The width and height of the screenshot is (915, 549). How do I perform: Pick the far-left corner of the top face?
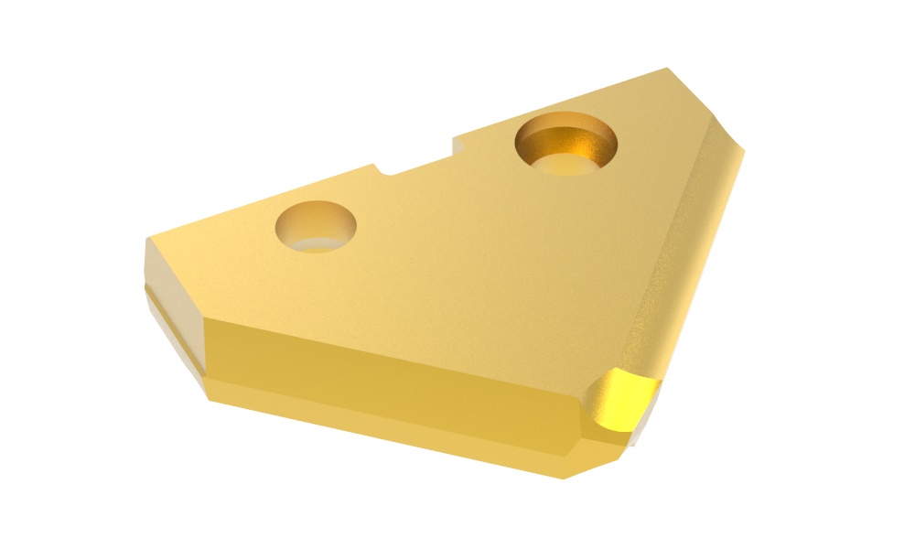[148, 240]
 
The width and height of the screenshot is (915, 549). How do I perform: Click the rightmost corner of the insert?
[744, 151]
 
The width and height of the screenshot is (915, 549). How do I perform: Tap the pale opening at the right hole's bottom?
[565, 165]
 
